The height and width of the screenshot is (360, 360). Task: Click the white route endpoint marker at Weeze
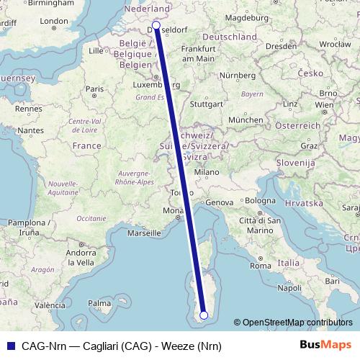pyautogui.click(x=156, y=24)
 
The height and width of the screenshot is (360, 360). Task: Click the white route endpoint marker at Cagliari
pyautogui.click(x=204, y=315)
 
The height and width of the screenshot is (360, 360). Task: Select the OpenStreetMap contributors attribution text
pyautogui.click(x=297, y=323)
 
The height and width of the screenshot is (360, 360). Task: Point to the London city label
pyautogui.click(x=53, y=22)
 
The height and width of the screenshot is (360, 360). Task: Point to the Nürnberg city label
pyautogui.click(x=238, y=75)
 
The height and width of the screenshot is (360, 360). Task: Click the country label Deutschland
pyautogui.click(x=230, y=36)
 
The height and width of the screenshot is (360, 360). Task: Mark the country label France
pyautogui.click(x=86, y=145)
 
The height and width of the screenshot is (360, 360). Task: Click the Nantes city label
pyautogui.click(x=31, y=130)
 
